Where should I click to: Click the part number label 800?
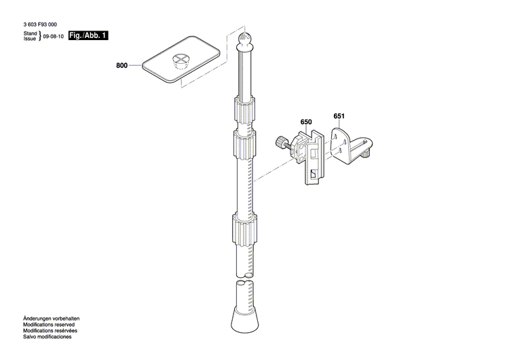coord(121,67)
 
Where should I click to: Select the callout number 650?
coord(305,122)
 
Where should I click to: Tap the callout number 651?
coord(339,116)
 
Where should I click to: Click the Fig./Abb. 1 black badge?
coord(89,35)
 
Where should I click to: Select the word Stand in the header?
coord(30,33)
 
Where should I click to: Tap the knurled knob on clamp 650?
coord(280,143)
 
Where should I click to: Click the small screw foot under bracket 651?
coord(364,155)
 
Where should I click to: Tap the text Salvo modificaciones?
coord(48,337)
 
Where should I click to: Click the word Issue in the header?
coord(30,39)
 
